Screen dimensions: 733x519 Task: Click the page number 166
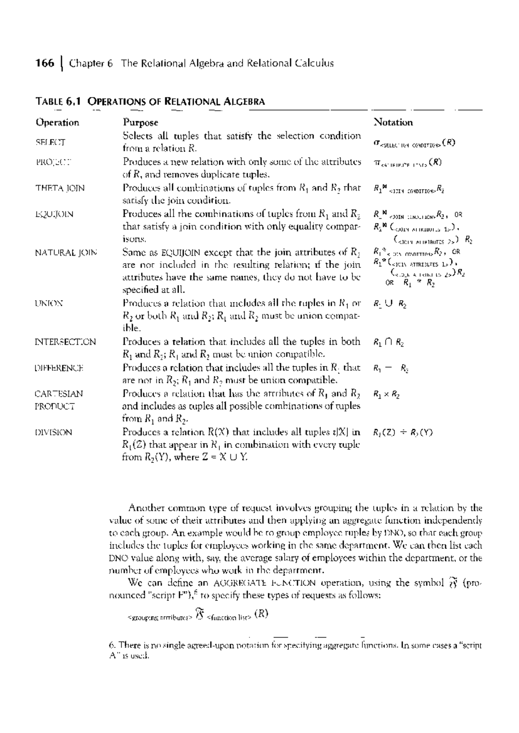click(x=45, y=64)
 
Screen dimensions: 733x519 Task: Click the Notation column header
click(x=393, y=122)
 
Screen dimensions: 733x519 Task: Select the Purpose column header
click(x=141, y=122)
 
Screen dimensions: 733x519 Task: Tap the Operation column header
click(x=58, y=122)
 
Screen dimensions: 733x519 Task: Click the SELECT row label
click(x=50, y=142)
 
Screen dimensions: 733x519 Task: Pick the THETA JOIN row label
click(x=60, y=188)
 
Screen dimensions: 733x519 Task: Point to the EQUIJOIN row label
click(x=54, y=214)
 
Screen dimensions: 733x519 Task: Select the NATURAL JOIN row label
click(x=66, y=252)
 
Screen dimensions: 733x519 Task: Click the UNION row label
click(x=49, y=303)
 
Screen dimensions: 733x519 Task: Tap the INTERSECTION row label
click(x=65, y=342)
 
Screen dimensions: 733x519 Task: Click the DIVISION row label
click(x=54, y=432)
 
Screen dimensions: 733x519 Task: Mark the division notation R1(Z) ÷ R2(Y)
click(x=403, y=433)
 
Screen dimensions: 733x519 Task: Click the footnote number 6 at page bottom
click(x=112, y=645)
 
